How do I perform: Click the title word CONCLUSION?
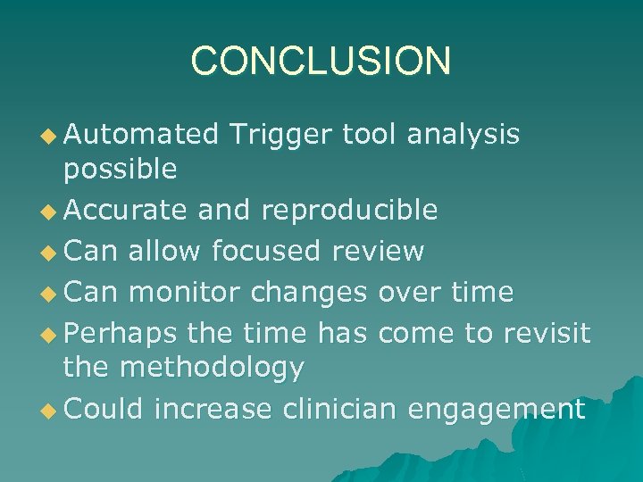[x=321, y=61]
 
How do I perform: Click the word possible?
[x=120, y=168]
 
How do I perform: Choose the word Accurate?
[x=126, y=210]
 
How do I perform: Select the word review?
[x=377, y=251]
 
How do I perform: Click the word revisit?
[x=547, y=333]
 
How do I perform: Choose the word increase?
[x=214, y=409]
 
